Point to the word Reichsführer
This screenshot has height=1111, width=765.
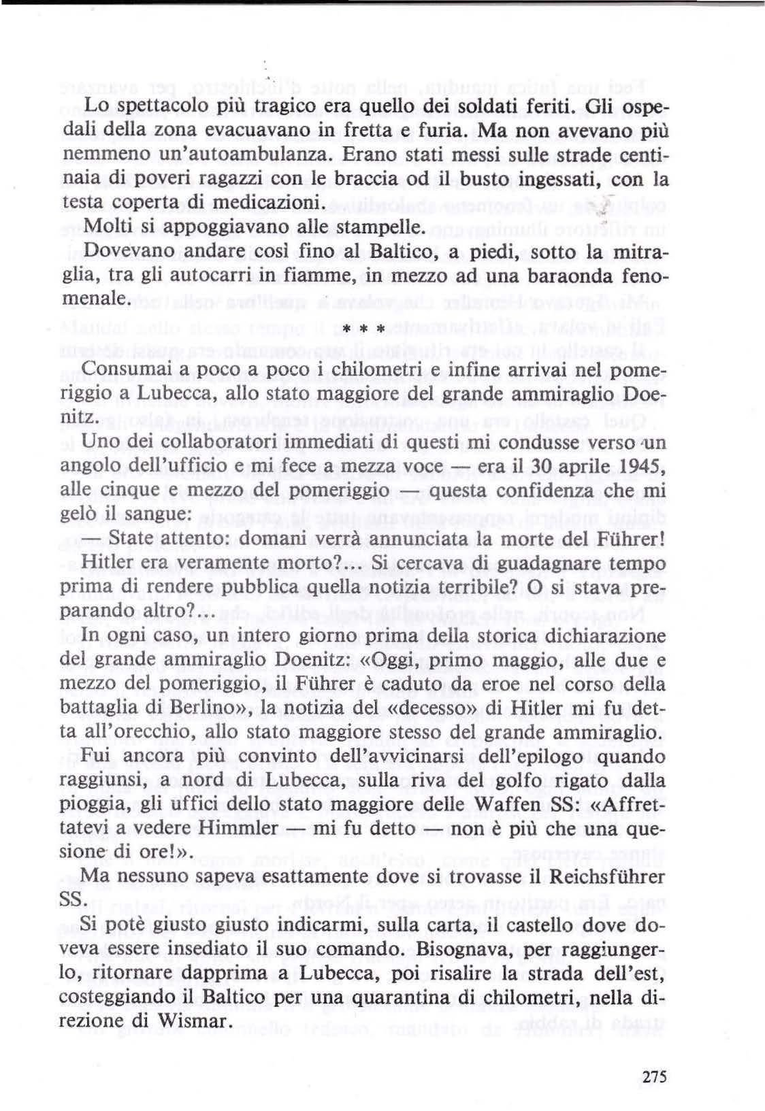click(606, 878)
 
